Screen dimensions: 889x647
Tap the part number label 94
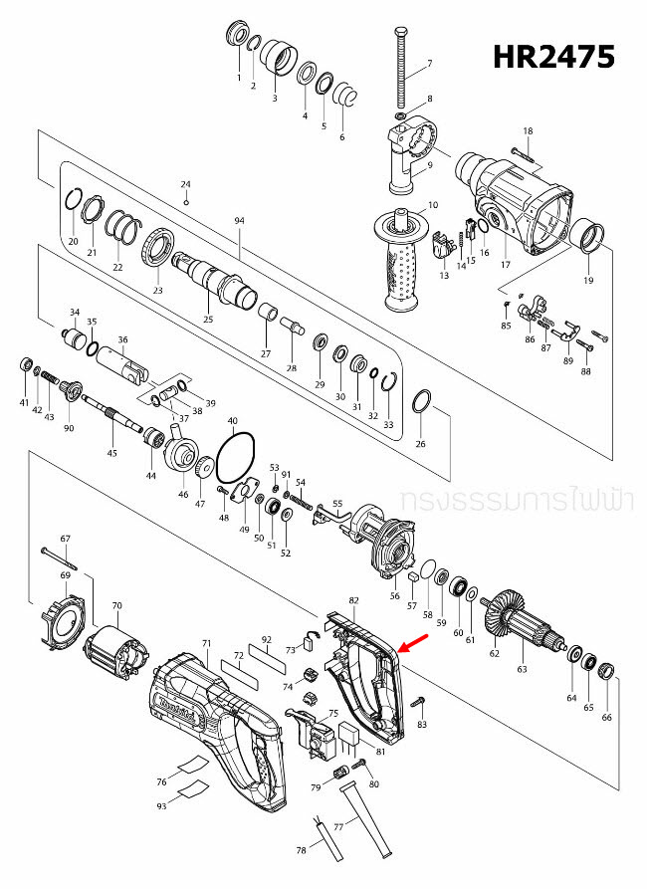(239, 219)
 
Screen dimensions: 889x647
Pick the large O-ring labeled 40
(236, 459)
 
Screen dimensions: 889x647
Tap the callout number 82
(353, 600)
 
